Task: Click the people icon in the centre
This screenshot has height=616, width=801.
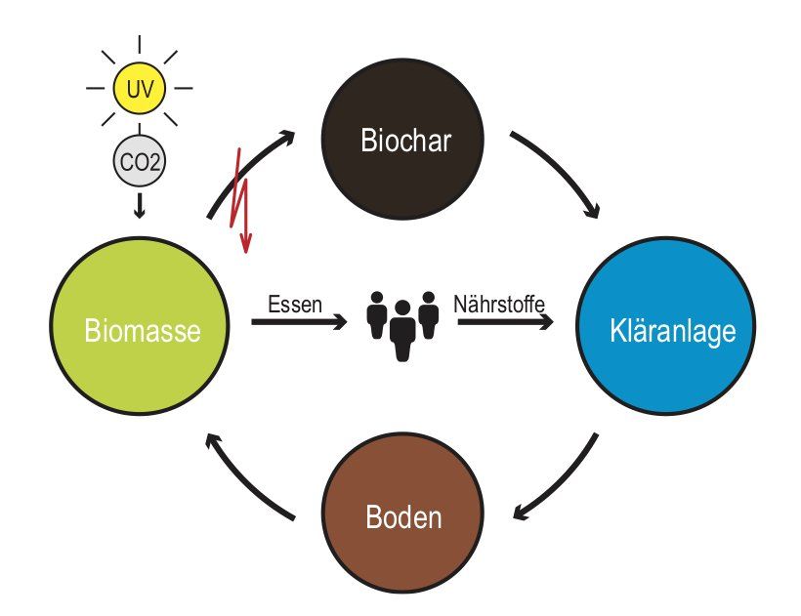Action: pyautogui.click(x=401, y=324)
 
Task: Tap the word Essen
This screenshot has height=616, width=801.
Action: pyautogui.click(x=295, y=304)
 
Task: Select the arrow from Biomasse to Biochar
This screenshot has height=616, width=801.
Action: pyautogui.click(x=249, y=171)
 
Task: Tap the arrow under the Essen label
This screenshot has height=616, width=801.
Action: pyautogui.click(x=299, y=321)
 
